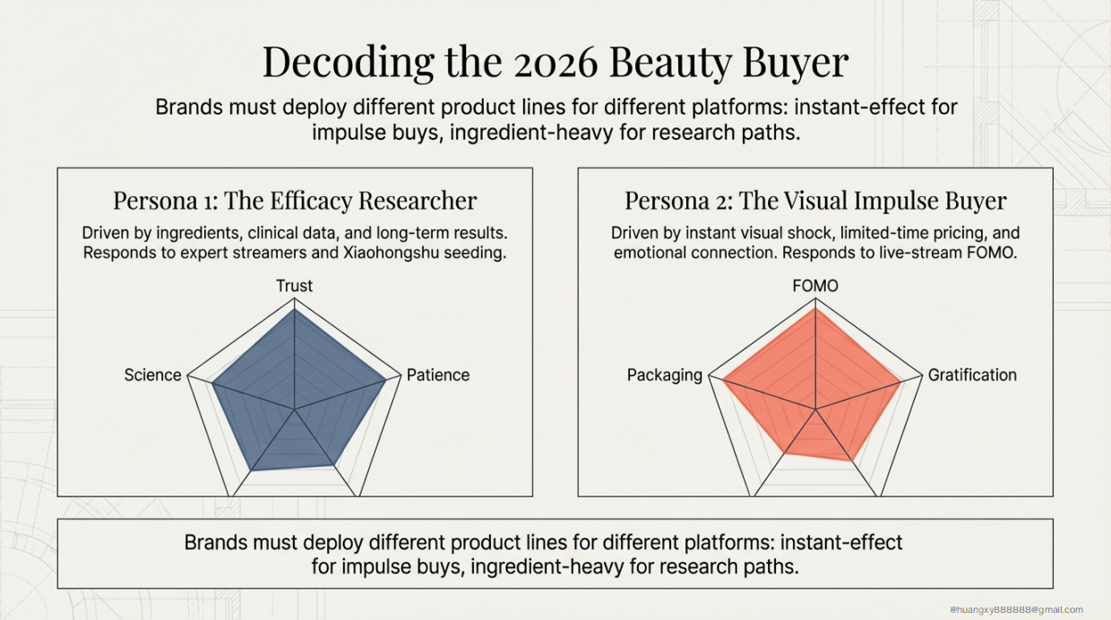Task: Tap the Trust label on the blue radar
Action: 294,286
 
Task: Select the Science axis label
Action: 152,375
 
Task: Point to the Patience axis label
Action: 438,375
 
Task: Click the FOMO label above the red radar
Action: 815,286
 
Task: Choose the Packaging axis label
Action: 665,375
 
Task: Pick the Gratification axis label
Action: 972,375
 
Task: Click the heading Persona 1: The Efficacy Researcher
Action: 295,200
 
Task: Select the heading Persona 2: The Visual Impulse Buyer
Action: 815,200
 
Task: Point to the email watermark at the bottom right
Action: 1017,610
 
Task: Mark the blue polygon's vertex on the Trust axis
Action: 294,310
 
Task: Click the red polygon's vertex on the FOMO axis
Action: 815,310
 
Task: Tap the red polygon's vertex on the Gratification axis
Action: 900,383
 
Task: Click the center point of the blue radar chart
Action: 295,409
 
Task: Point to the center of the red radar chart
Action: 815,409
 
